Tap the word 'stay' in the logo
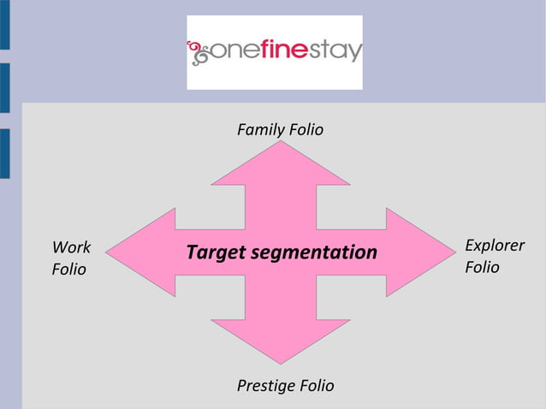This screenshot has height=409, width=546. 337,52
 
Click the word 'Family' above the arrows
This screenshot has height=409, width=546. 261,130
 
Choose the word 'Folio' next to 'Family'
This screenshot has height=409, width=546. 306,130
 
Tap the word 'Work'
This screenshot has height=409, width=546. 71,247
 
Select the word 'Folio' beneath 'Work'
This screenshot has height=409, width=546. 69,270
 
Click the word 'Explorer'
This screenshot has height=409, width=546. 495,246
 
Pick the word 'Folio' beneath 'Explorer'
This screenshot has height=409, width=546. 482,268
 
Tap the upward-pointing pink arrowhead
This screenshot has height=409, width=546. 281,164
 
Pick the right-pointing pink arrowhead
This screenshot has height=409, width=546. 418,252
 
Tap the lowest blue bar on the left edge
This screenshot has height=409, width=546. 4,154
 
